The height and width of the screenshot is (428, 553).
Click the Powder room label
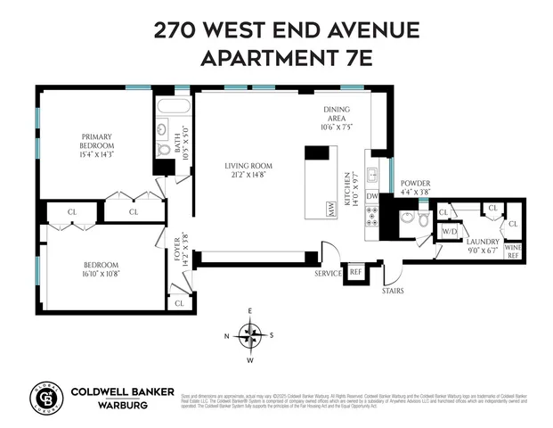pos(415,186)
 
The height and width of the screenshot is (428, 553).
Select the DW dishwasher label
pos(372,196)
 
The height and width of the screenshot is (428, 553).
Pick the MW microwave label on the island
pos(330,210)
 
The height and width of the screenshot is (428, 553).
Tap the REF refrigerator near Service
pos(355,271)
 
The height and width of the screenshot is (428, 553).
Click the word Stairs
pos(394,290)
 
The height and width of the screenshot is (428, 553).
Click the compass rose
pos(250,335)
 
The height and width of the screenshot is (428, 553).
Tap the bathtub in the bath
pos(173,108)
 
